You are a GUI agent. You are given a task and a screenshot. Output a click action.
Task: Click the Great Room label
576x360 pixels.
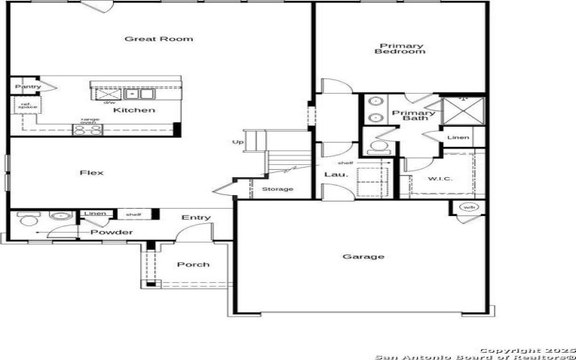(x=158, y=39)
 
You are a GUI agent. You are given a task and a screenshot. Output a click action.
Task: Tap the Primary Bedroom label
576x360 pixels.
(x=402, y=49)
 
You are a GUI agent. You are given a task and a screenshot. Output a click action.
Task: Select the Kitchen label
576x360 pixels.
(x=134, y=110)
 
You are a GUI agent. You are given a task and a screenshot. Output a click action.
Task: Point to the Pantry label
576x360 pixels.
(x=27, y=86)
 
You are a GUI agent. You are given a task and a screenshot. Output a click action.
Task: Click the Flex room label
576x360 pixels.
(x=91, y=173)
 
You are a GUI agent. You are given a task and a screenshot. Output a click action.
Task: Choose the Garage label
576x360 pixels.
(x=363, y=256)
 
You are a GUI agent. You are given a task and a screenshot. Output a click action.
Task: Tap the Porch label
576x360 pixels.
(x=193, y=264)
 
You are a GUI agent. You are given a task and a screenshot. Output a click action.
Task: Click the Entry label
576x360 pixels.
(x=196, y=217)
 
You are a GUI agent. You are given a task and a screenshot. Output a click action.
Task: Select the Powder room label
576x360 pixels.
(x=111, y=232)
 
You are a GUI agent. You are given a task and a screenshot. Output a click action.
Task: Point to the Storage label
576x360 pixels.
(x=277, y=189)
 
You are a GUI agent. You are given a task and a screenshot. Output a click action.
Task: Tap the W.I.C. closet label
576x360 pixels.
(x=440, y=179)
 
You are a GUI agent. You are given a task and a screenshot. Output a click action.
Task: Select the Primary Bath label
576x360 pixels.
(x=413, y=115)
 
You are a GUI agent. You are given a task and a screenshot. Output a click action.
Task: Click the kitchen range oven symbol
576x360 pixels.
(x=87, y=130)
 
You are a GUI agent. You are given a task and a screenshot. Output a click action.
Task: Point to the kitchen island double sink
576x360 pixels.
(x=140, y=94)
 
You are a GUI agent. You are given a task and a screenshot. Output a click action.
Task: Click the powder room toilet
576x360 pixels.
(x=27, y=218)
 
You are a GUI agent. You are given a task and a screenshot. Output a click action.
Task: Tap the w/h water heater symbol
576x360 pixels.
(x=469, y=208)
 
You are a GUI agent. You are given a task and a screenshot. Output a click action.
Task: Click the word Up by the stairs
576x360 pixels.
(x=238, y=142)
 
